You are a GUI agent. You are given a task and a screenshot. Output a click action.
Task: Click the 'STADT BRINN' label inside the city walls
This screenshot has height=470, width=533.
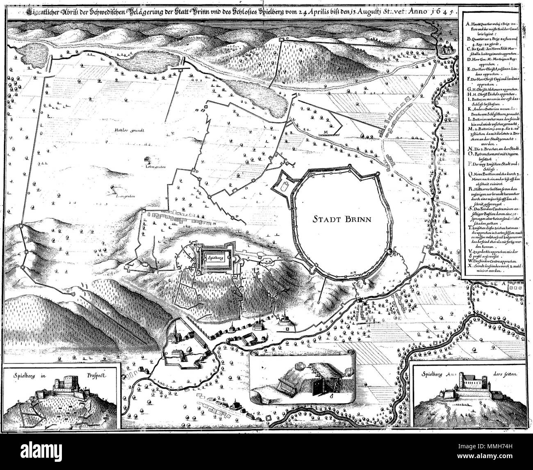[x=340, y=219]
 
